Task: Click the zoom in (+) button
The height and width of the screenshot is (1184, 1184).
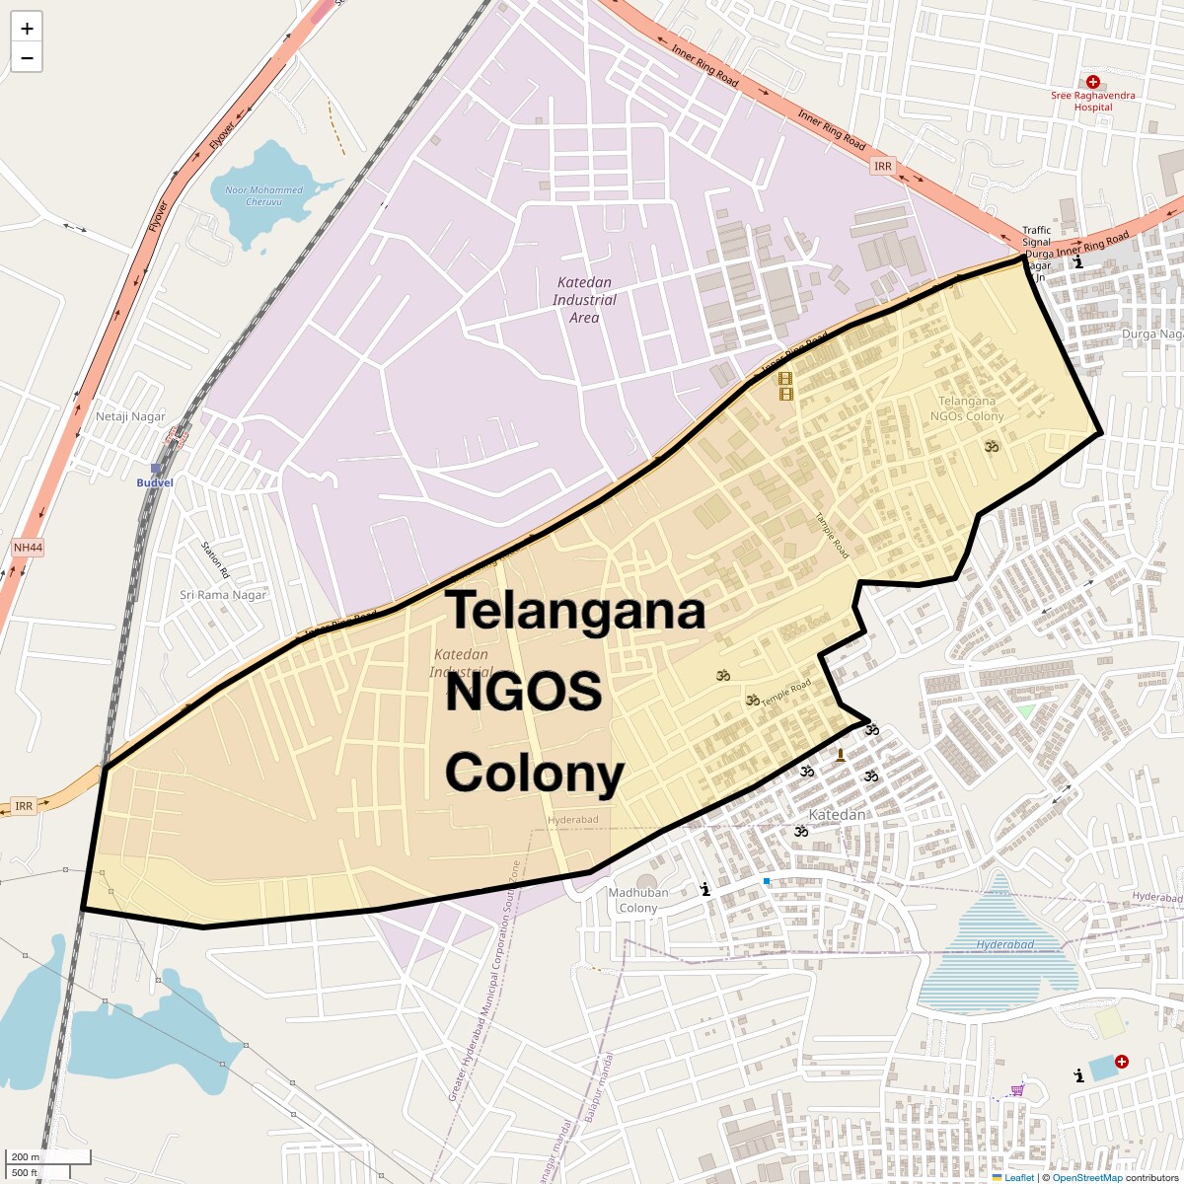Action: point(27,29)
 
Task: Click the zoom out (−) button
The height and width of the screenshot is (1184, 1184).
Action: point(27,58)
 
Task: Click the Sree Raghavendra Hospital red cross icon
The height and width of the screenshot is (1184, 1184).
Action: point(1092,83)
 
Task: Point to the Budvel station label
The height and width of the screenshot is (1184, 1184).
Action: point(154,482)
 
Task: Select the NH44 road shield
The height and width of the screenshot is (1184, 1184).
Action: point(29,547)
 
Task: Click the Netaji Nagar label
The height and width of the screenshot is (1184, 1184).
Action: point(130,416)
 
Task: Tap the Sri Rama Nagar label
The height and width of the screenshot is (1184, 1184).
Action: point(223,595)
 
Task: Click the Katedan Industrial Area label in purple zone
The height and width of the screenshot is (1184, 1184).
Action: point(584,300)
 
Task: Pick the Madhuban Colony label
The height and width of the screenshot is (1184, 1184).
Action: point(638,900)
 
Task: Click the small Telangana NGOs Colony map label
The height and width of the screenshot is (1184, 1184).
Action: point(967,408)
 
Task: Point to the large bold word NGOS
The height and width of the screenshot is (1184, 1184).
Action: point(523,693)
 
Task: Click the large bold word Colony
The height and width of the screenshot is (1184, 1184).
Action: point(535,774)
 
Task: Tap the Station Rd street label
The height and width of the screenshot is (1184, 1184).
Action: point(214,559)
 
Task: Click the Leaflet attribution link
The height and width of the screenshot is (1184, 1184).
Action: point(1018,1177)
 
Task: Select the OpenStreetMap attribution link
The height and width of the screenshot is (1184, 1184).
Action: point(1087,1177)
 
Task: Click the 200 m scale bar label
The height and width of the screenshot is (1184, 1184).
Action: point(27,1156)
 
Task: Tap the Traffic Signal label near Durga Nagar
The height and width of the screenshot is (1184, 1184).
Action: point(1036,236)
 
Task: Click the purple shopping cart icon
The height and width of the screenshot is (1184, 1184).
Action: point(1017,1090)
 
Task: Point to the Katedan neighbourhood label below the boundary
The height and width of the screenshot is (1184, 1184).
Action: point(837,815)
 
